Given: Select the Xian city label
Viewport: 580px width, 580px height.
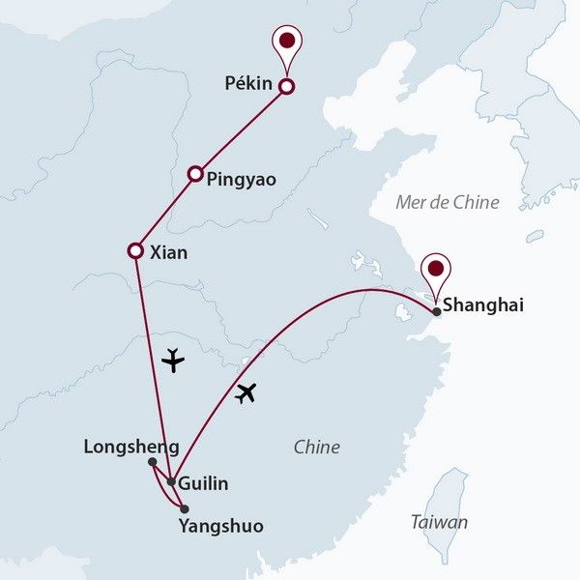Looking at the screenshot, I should coord(170,253).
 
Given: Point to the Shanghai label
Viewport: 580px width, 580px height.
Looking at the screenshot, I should coord(482,305).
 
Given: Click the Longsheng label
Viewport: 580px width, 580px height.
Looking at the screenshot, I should coord(131,447).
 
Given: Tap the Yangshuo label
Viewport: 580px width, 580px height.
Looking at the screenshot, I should coord(221,527).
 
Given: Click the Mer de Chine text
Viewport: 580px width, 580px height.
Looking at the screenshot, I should coord(448,202).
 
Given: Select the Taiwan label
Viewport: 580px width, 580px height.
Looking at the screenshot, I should coord(439,522).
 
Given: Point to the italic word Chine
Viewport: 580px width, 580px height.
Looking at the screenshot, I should coord(317,448).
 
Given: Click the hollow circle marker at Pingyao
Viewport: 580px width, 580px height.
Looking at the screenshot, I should coord(195,174).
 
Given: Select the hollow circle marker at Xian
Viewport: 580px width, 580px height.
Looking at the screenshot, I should coord(136,251).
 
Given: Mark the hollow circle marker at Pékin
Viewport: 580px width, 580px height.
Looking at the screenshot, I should coord(286,87).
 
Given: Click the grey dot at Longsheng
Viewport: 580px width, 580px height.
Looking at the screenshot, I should coord(153,462).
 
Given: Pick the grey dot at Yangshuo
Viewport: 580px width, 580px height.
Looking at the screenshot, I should coord(184,508).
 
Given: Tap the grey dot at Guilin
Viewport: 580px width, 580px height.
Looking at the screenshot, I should coord(171,480).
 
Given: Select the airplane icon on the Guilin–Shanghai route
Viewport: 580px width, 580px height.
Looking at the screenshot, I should coord(247,393).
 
